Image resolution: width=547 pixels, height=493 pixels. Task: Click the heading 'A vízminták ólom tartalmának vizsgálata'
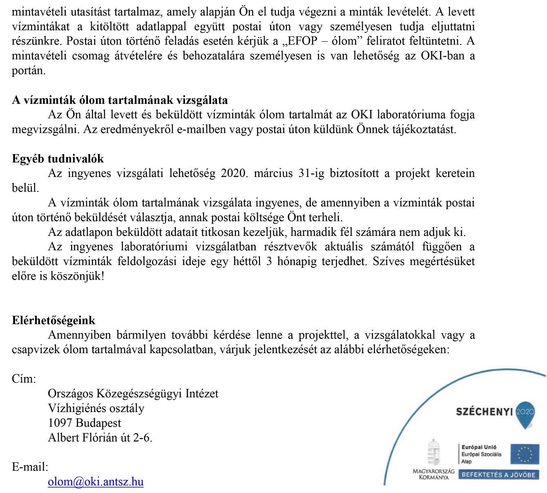click(x=120, y=100)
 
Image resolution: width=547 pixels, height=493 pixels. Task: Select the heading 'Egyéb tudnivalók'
click(x=58, y=159)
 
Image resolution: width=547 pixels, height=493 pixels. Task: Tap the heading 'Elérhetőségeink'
click(x=54, y=320)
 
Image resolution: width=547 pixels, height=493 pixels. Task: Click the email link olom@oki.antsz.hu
click(x=96, y=482)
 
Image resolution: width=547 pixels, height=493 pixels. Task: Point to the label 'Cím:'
click(x=24, y=379)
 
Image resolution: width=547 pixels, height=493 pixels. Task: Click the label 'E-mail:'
click(x=30, y=467)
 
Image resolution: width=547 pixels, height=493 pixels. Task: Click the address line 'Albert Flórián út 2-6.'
click(x=100, y=437)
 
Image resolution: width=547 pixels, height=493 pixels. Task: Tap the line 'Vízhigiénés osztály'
click(x=96, y=408)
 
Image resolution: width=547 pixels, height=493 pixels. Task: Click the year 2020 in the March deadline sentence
click(x=234, y=173)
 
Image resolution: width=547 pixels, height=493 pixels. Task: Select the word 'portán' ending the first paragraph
click(x=28, y=71)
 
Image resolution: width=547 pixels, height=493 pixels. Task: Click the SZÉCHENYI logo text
click(x=484, y=412)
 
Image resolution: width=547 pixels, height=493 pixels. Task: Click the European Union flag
click(x=525, y=455)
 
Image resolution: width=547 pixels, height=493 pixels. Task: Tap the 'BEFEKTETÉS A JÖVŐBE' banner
click(x=498, y=475)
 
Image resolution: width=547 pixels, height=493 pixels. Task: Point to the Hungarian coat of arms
click(x=433, y=453)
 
